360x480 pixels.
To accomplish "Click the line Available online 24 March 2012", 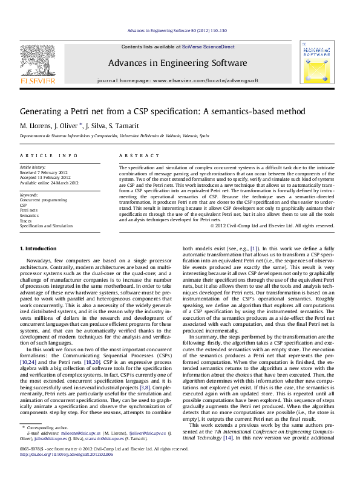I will click(49, 182).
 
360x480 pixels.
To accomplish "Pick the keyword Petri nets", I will click(28, 210).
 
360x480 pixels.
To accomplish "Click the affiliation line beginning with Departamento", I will click(115, 137).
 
